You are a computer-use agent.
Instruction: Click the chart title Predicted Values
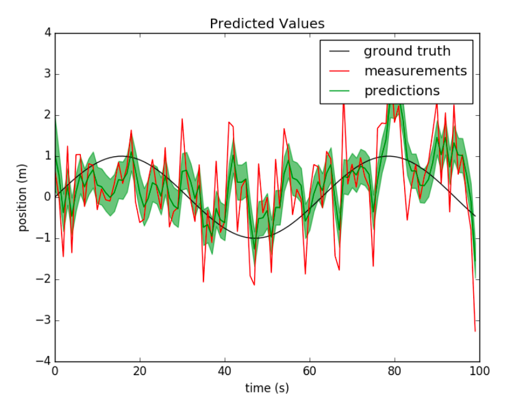(266, 24)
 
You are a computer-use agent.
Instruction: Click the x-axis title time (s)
(266, 388)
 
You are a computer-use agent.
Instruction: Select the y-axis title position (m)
(23, 197)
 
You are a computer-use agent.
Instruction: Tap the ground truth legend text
(407, 51)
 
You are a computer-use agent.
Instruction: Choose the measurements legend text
(415, 70)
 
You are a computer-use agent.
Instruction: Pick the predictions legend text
(402, 90)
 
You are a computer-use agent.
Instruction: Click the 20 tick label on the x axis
(139, 372)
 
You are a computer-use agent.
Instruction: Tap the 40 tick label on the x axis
(225, 372)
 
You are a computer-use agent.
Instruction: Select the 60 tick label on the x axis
(309, 372)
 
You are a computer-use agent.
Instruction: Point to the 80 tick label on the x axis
(394, 372)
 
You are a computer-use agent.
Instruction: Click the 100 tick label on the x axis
(479, 372)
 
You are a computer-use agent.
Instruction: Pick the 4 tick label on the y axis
(47, 33)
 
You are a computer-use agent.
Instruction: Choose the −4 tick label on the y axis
(44, 361)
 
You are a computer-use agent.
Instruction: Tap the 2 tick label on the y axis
(47, 115)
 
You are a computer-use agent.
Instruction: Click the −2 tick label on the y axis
(44, 279)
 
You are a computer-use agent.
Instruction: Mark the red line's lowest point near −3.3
(475, 332)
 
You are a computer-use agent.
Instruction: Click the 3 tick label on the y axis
(47, 74)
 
